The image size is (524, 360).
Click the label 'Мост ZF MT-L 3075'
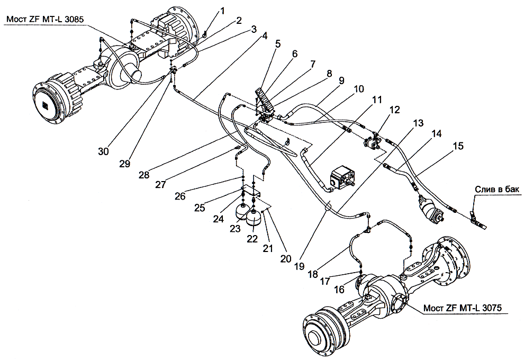coord(462,308)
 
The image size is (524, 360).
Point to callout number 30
coord(103,151)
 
